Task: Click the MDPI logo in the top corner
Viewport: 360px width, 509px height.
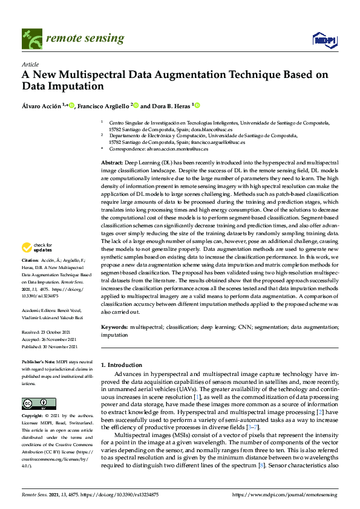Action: coord(324,39)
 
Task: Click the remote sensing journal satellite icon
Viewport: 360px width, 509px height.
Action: coord(30,38)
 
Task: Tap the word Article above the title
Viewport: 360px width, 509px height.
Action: coord(30,64)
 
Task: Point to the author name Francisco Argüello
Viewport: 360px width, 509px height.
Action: coord(104,105)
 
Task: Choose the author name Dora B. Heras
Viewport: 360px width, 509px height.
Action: coord(170,105)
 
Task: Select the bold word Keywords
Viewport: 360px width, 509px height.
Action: coord(114,326)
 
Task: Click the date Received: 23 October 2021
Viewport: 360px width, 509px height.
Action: coord(47,332)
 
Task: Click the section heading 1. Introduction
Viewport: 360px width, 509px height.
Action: coord(121,365)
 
